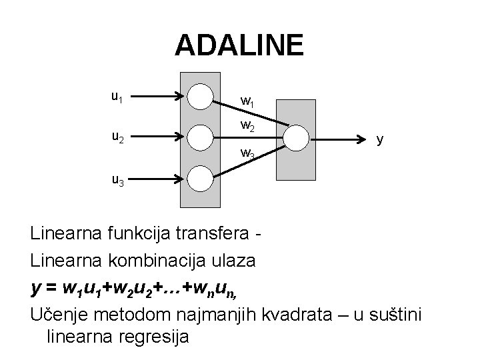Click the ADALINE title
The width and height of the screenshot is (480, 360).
pyautogui.click(x=239, y=46)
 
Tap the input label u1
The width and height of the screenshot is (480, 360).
pyautogui.click(x=117, y=97)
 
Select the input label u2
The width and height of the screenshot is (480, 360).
pyautogui.click(x=117, y=138)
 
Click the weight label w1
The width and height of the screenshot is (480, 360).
pyautogui.click(x=247, y=102)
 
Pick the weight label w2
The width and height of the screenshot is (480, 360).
pyautogui.click(x=247, y=126)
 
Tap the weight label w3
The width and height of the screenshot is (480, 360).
pyautogui.click(x=247, y=155)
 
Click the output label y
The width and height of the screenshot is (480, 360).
pyautogui.click(x=379, y=139)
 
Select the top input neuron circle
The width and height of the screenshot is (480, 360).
pyautogui.click(x=199, y=97)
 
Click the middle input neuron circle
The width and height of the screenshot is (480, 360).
pyautogui.click(x=199, y=137)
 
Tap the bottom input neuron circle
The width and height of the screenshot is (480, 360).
pyautogui.click(x=199, y=178)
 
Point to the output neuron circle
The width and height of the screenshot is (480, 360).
pyautogui.click(x=296, y=137)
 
